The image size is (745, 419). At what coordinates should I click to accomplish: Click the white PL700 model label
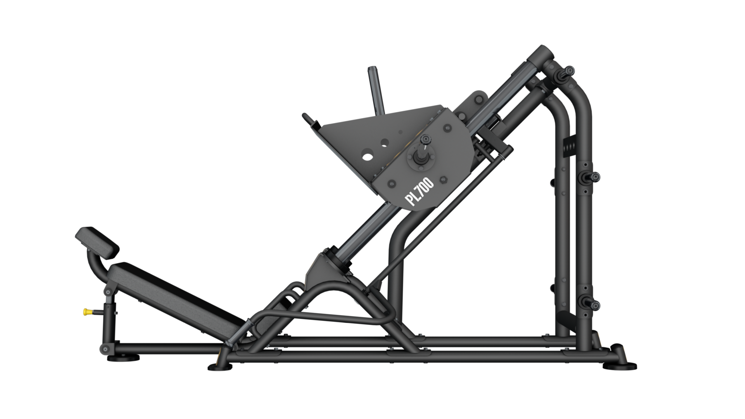click(419, 191)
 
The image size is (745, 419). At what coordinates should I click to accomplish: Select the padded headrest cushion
click(97, 242)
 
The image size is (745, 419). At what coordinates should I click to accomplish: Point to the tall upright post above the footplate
click(376, 90)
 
